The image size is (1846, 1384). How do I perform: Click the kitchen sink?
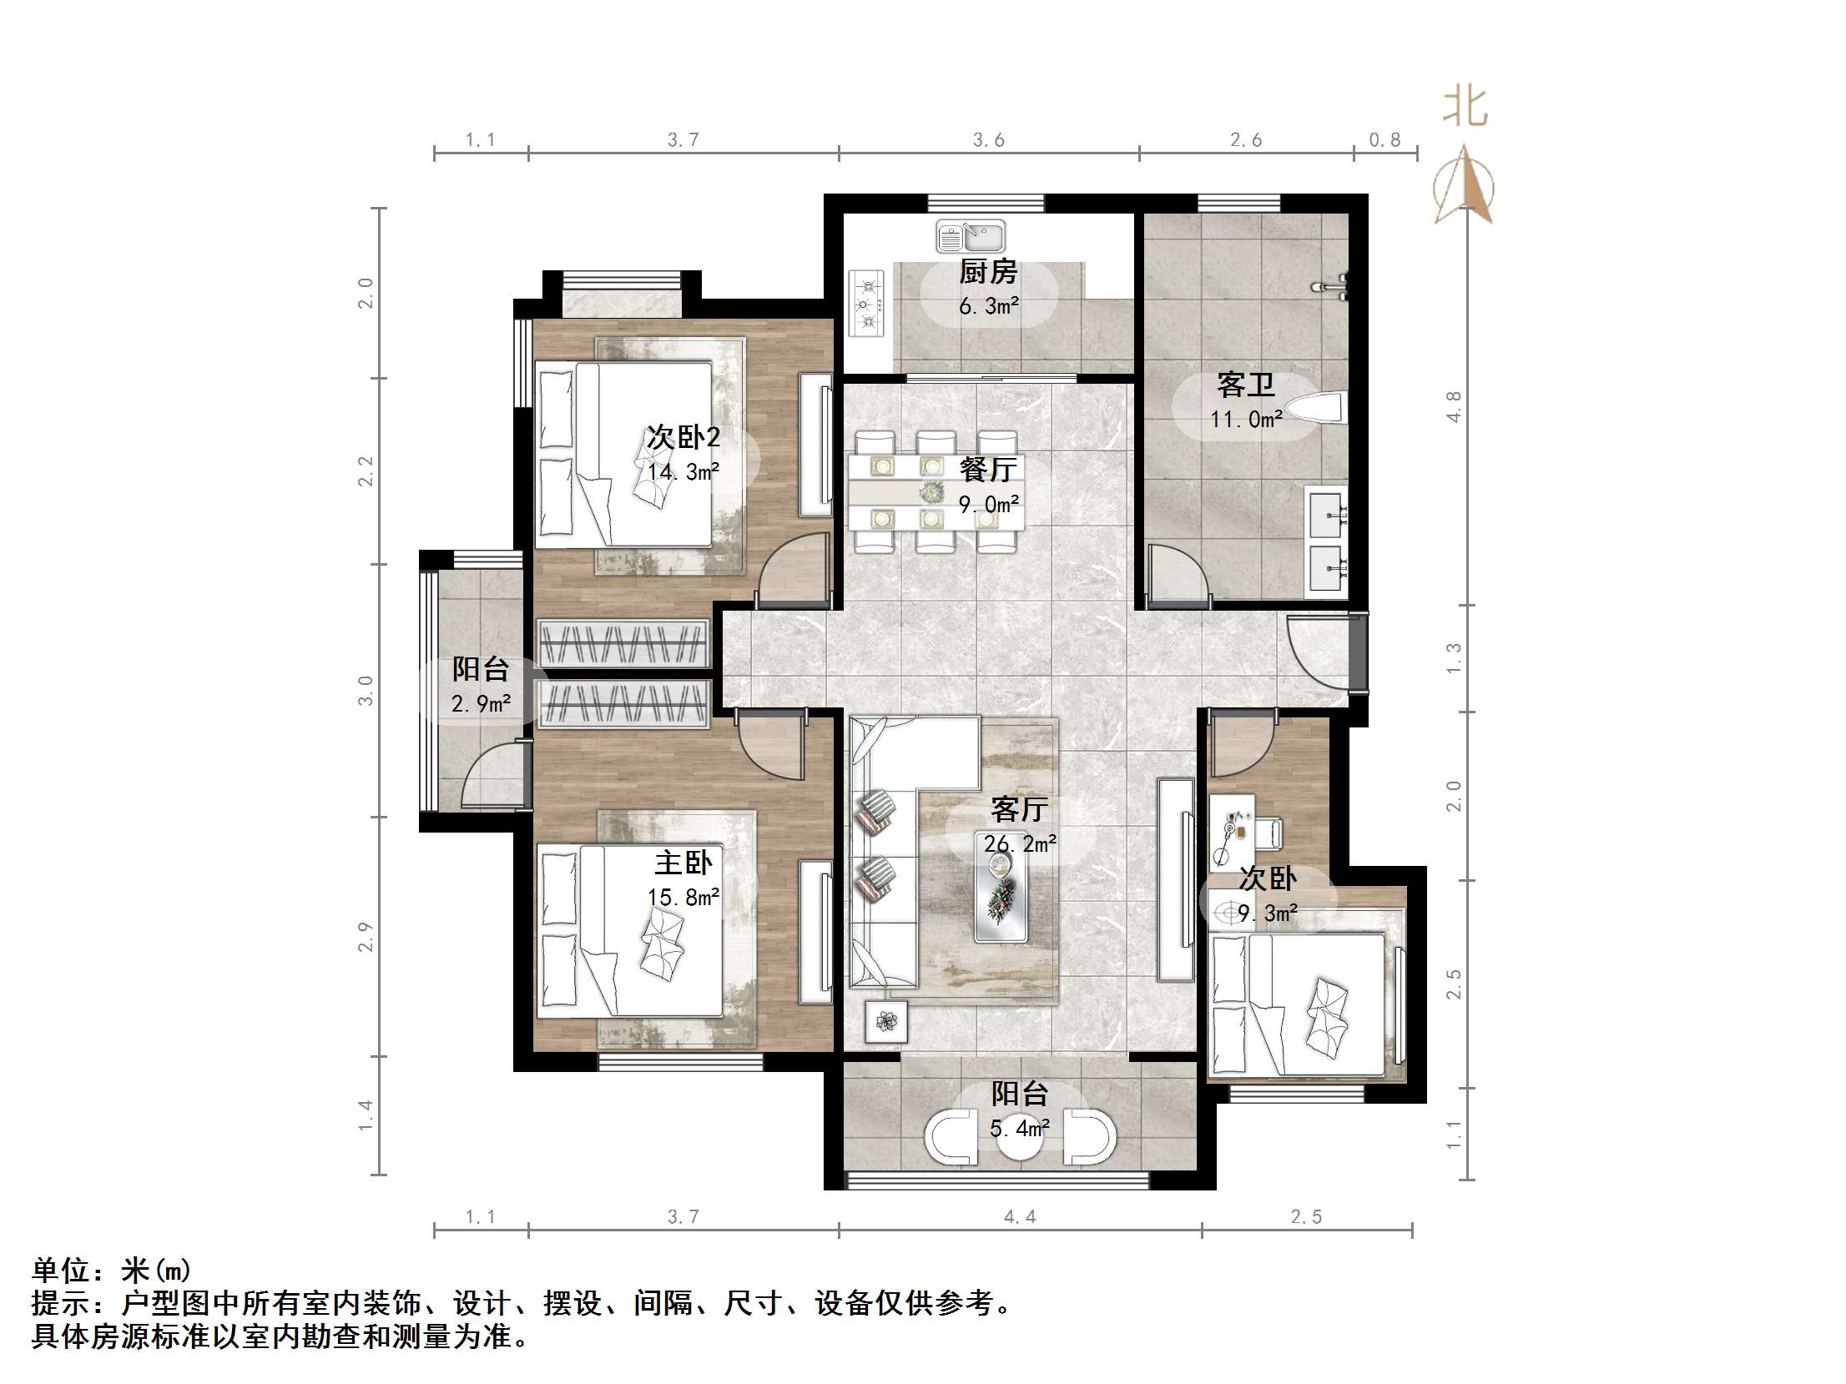point(970,236)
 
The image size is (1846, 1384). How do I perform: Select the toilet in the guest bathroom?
point(1316,409)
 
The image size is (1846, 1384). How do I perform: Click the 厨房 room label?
point(988,272)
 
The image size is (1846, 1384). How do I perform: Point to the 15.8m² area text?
point(683,898)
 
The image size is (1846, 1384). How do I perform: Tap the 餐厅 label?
point(988,470)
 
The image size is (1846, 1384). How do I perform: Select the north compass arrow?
point(1464,185)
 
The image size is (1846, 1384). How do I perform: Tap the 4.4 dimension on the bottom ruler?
point(1020,1217)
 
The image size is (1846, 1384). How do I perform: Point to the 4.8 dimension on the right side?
point(1453,407)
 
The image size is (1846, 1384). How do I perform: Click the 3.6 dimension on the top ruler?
point(989,140)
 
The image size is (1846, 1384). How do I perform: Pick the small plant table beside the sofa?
point(886,1020)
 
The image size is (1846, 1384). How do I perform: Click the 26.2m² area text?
point(1020,844)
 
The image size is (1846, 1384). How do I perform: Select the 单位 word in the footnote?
point(61,1271)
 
